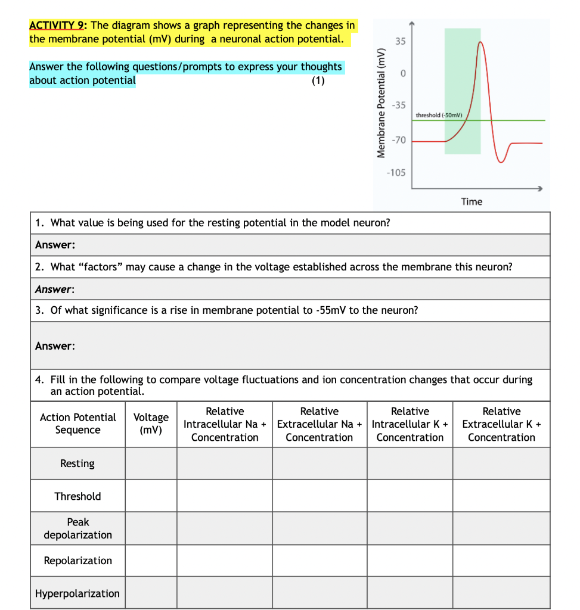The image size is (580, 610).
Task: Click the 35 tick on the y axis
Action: pyautogui.click(x=400, y=42)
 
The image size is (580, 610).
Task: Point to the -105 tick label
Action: pyautogui.click(x=396, y=173)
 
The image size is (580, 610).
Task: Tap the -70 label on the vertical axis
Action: pyautogui.click(x=398, y=140)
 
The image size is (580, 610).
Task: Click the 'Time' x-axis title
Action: pyautogui.click(x=471, y=201)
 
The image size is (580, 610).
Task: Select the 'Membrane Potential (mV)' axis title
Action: pyautogui.click(x=380, y=102)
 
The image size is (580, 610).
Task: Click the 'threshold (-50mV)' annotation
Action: pyautogui.click(x=440, y=114)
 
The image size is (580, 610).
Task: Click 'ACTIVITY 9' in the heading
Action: pyautogui.click(x=58, y=26)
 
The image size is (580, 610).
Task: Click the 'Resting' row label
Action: pyautogui.click(x=77, y=463)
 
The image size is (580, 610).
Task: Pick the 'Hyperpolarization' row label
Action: pyautogui.click(x=77, y=593)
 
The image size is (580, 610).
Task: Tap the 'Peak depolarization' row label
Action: pyautogui.click(x=77, y=528)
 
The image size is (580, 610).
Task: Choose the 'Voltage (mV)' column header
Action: pyautogui.click(x=151, y=424)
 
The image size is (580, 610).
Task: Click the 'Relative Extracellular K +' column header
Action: pyautogui.click(x=501, y=424)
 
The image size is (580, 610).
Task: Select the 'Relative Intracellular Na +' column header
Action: pyautogui.click(x=225, y=424)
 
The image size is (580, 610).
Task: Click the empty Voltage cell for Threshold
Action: pyautogui.click(x=151, y=496)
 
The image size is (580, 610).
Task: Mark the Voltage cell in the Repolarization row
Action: pyautogui.click(x=151, y=561)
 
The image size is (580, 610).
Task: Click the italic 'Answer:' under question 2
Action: pyautogui.click(x=54, y=289)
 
